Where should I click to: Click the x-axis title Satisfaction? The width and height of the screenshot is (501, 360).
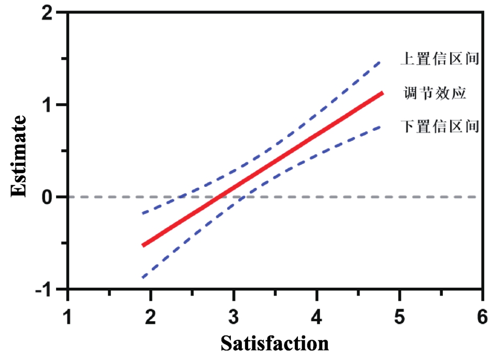(274, 343)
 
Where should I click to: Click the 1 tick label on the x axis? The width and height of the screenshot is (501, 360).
(68, 317)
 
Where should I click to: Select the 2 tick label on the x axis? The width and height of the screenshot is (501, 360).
(151, 317)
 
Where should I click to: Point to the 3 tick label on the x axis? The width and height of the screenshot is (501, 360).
(233, 317)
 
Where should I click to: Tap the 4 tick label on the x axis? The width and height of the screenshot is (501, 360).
(316, 317)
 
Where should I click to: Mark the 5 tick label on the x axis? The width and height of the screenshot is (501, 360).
(399, 317)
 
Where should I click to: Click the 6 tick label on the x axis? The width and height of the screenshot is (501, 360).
(482, 317)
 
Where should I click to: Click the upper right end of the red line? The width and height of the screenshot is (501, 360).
(383, 93)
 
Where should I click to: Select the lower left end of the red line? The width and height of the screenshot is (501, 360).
(143, 245)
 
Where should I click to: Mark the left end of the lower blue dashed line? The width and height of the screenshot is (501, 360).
(143, 277)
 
